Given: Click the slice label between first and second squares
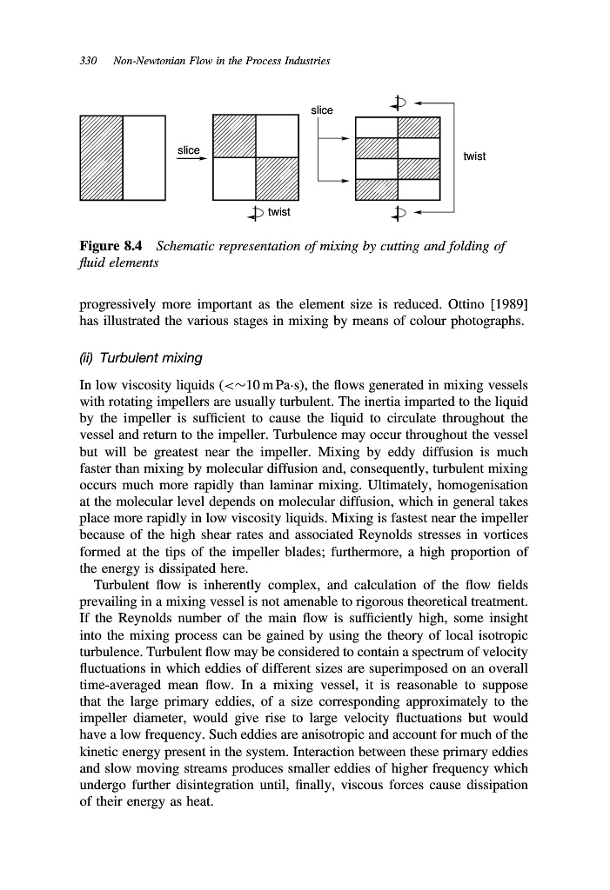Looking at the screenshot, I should (189, 150).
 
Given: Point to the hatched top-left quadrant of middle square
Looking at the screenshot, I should (234, 136).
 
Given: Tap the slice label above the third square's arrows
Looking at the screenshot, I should (321, 110).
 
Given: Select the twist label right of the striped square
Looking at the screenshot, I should (474, 156).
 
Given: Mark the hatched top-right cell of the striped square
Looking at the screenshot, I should (419, 126).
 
